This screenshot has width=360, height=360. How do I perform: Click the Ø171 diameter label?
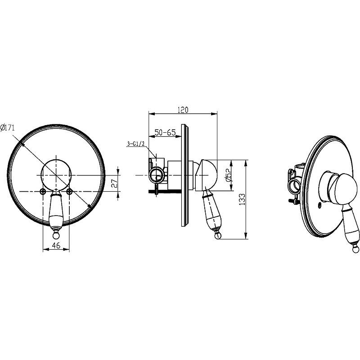7,127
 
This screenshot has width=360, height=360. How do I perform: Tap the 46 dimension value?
56,245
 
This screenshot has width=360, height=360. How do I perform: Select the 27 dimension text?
114,184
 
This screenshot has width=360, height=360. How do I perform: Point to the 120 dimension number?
183,110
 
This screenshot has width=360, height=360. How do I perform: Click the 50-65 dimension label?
165,132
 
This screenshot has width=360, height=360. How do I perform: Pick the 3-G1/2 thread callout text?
135,144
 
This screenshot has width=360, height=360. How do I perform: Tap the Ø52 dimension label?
229,175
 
